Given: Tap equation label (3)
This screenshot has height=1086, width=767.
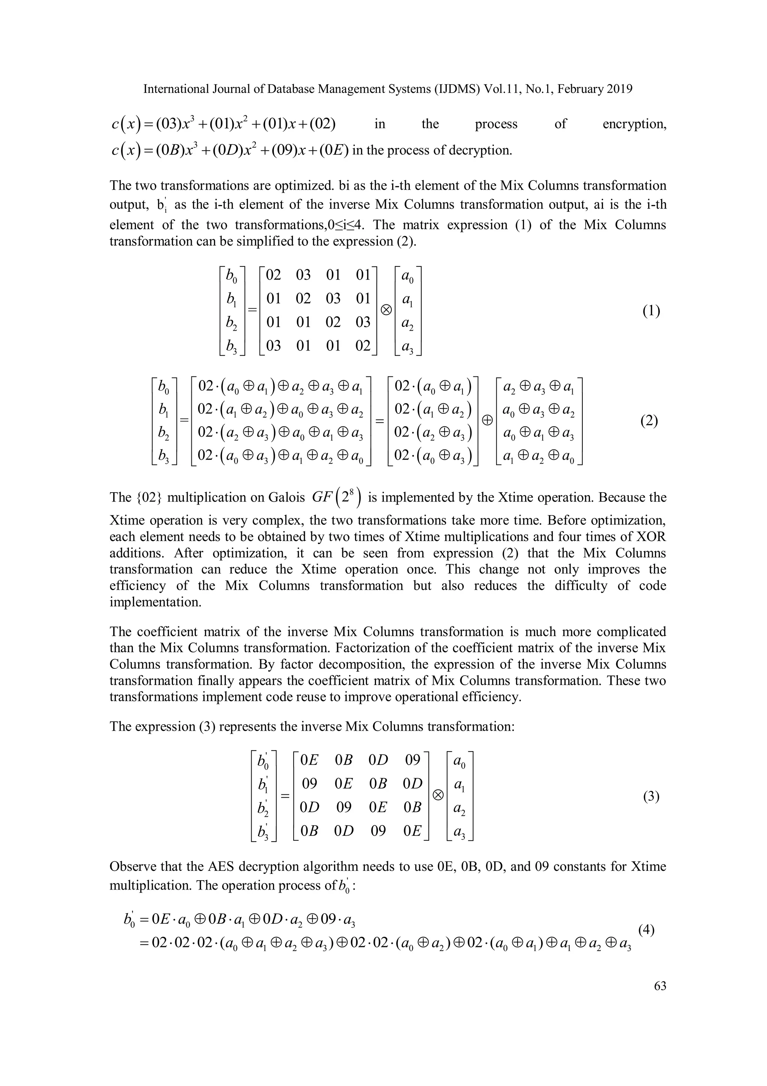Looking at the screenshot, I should (651, 797).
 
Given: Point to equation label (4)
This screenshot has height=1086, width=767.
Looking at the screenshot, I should (646, 930).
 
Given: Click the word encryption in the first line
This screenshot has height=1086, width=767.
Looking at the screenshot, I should (634, 124).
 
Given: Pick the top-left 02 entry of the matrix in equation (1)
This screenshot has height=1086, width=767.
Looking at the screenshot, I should (273, 275).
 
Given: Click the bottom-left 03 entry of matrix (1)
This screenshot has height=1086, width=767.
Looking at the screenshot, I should (273, 346).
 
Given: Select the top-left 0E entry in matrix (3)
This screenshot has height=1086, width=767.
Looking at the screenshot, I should (310, 760).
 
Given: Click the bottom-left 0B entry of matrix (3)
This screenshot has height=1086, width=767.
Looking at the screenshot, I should (310, 831).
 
